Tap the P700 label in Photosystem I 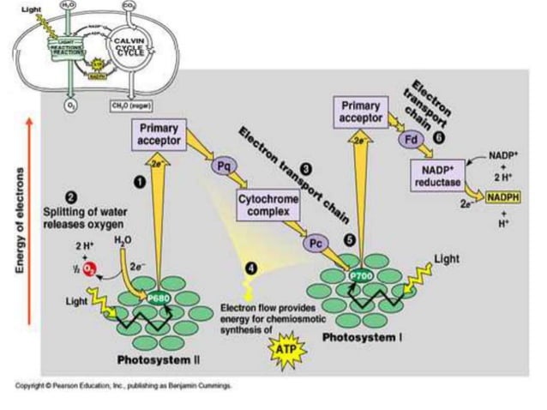361,276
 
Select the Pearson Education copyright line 123,385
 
